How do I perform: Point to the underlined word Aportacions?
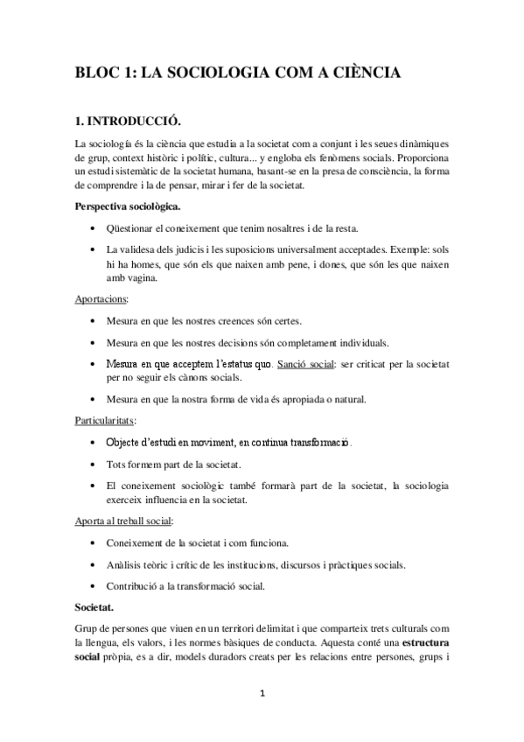pyautogui.click(x=101, y=299)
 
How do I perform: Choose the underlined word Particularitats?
pyautogui.click(x=105, y=421)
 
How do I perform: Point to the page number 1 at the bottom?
pyautogui.click(x=262, y=695)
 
